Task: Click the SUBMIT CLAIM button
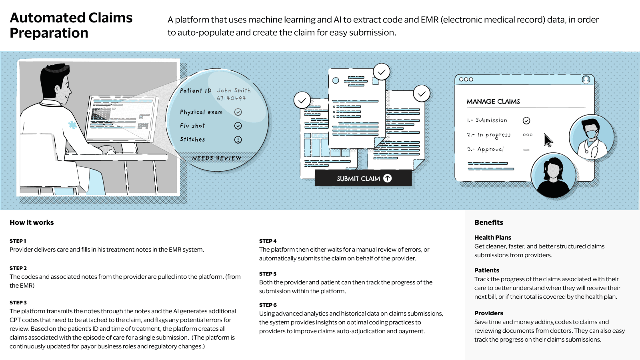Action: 363,178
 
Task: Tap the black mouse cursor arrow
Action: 548,140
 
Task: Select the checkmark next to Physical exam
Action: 238,112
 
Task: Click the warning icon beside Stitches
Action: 238,140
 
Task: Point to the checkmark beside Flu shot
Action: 238,126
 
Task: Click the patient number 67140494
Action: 231,98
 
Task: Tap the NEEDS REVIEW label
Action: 216,158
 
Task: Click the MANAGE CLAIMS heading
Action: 493,102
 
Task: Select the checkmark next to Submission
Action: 526,121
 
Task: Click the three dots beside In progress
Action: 528,135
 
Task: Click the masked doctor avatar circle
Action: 591,137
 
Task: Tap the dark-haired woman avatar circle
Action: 553,175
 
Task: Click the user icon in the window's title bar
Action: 586,80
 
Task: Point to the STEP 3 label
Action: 18,303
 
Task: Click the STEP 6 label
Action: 268,305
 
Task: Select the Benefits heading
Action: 488,222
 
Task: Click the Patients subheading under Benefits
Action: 486,270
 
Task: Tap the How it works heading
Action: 32,222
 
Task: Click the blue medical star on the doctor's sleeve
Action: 72,125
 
